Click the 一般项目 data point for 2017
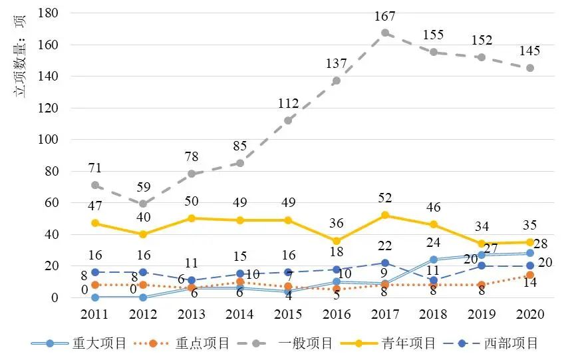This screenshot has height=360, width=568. click(x=385, y=33)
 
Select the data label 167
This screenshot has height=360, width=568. click(x=385, y=15)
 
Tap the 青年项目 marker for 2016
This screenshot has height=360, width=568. click(x=337, y=240)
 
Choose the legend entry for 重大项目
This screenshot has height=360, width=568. click(x=79, y=343)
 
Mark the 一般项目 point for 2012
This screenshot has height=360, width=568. click(x=144, y=204)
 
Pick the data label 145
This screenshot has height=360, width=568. click(x=530, y=51)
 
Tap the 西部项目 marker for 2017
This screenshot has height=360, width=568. click(x=385, y=263)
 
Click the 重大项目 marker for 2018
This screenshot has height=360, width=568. click(x=434, y=260)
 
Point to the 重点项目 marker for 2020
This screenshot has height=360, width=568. click(x=530, y=275)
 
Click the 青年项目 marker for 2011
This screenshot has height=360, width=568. click(x=95, y=223)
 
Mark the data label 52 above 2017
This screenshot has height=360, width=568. click(x=385, y=198)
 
